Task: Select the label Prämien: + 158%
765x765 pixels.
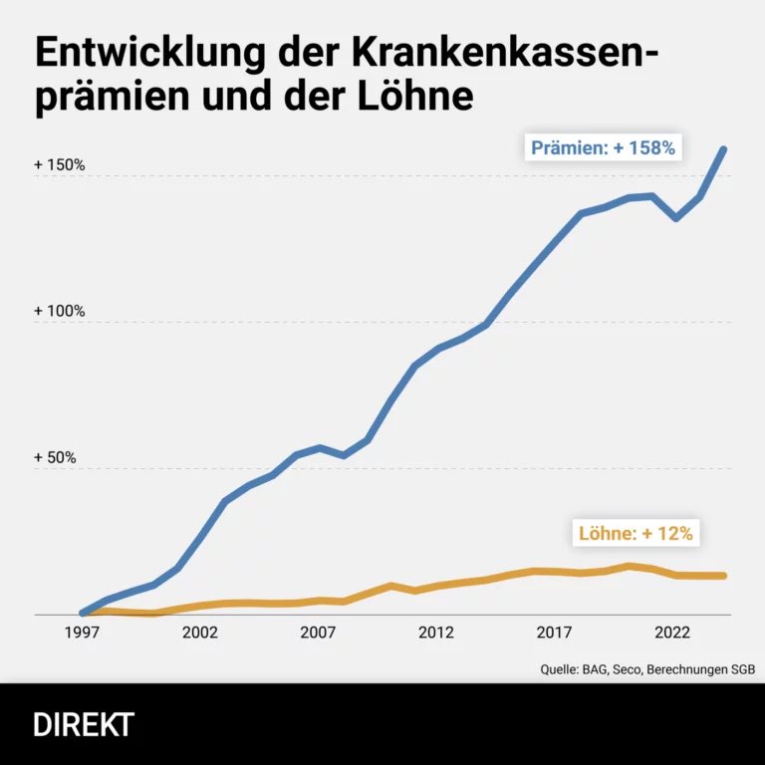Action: [603, 148]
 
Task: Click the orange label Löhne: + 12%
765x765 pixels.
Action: [635, 533]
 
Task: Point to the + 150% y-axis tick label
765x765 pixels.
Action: [60, 164]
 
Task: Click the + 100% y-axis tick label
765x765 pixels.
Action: [60, 311]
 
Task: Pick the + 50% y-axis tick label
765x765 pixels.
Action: [56, 457]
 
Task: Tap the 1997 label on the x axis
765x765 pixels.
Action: [82, 633]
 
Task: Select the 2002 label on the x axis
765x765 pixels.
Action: [200, 633]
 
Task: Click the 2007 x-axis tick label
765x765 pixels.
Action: [318, 633]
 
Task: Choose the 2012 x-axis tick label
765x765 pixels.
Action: [436, 633]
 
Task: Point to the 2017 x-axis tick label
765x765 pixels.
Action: [554, 633]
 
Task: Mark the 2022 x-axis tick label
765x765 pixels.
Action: [672, 633]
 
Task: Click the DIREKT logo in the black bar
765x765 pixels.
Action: [84, 724]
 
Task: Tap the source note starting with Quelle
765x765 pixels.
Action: [647, 669]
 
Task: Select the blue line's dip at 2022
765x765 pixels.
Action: [676, 217]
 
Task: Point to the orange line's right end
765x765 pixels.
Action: [723, 576]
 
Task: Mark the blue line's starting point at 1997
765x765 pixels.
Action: [83, 613]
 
